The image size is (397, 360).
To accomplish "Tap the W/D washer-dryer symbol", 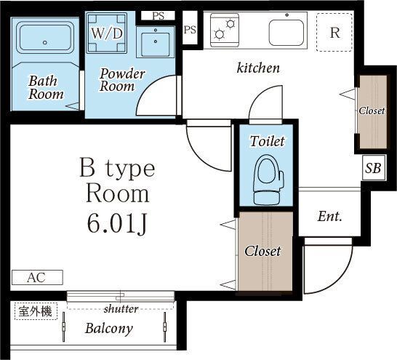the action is pos(107,33).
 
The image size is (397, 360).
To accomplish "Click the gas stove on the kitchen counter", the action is pos(225,30).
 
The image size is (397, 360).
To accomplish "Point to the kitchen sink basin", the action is pos(286,33).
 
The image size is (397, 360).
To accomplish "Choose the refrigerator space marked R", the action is pos(334,33).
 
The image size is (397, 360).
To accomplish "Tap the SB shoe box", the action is pos(374,167).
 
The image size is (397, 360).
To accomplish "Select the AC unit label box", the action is pos(37,278).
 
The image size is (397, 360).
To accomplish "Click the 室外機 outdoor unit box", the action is pos(36,311).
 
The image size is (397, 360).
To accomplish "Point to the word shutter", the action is pos(121,309).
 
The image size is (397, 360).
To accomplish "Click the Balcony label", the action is pos(109,329).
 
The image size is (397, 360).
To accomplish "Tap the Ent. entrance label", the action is pos(330,217).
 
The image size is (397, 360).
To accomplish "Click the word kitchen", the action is pos(258,68).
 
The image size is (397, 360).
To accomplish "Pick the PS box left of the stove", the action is pos(190,30).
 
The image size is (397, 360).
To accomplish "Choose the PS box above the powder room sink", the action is pos(158,16).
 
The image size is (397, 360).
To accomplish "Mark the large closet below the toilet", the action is pos(265,251).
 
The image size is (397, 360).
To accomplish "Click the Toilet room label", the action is pos(268,141).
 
